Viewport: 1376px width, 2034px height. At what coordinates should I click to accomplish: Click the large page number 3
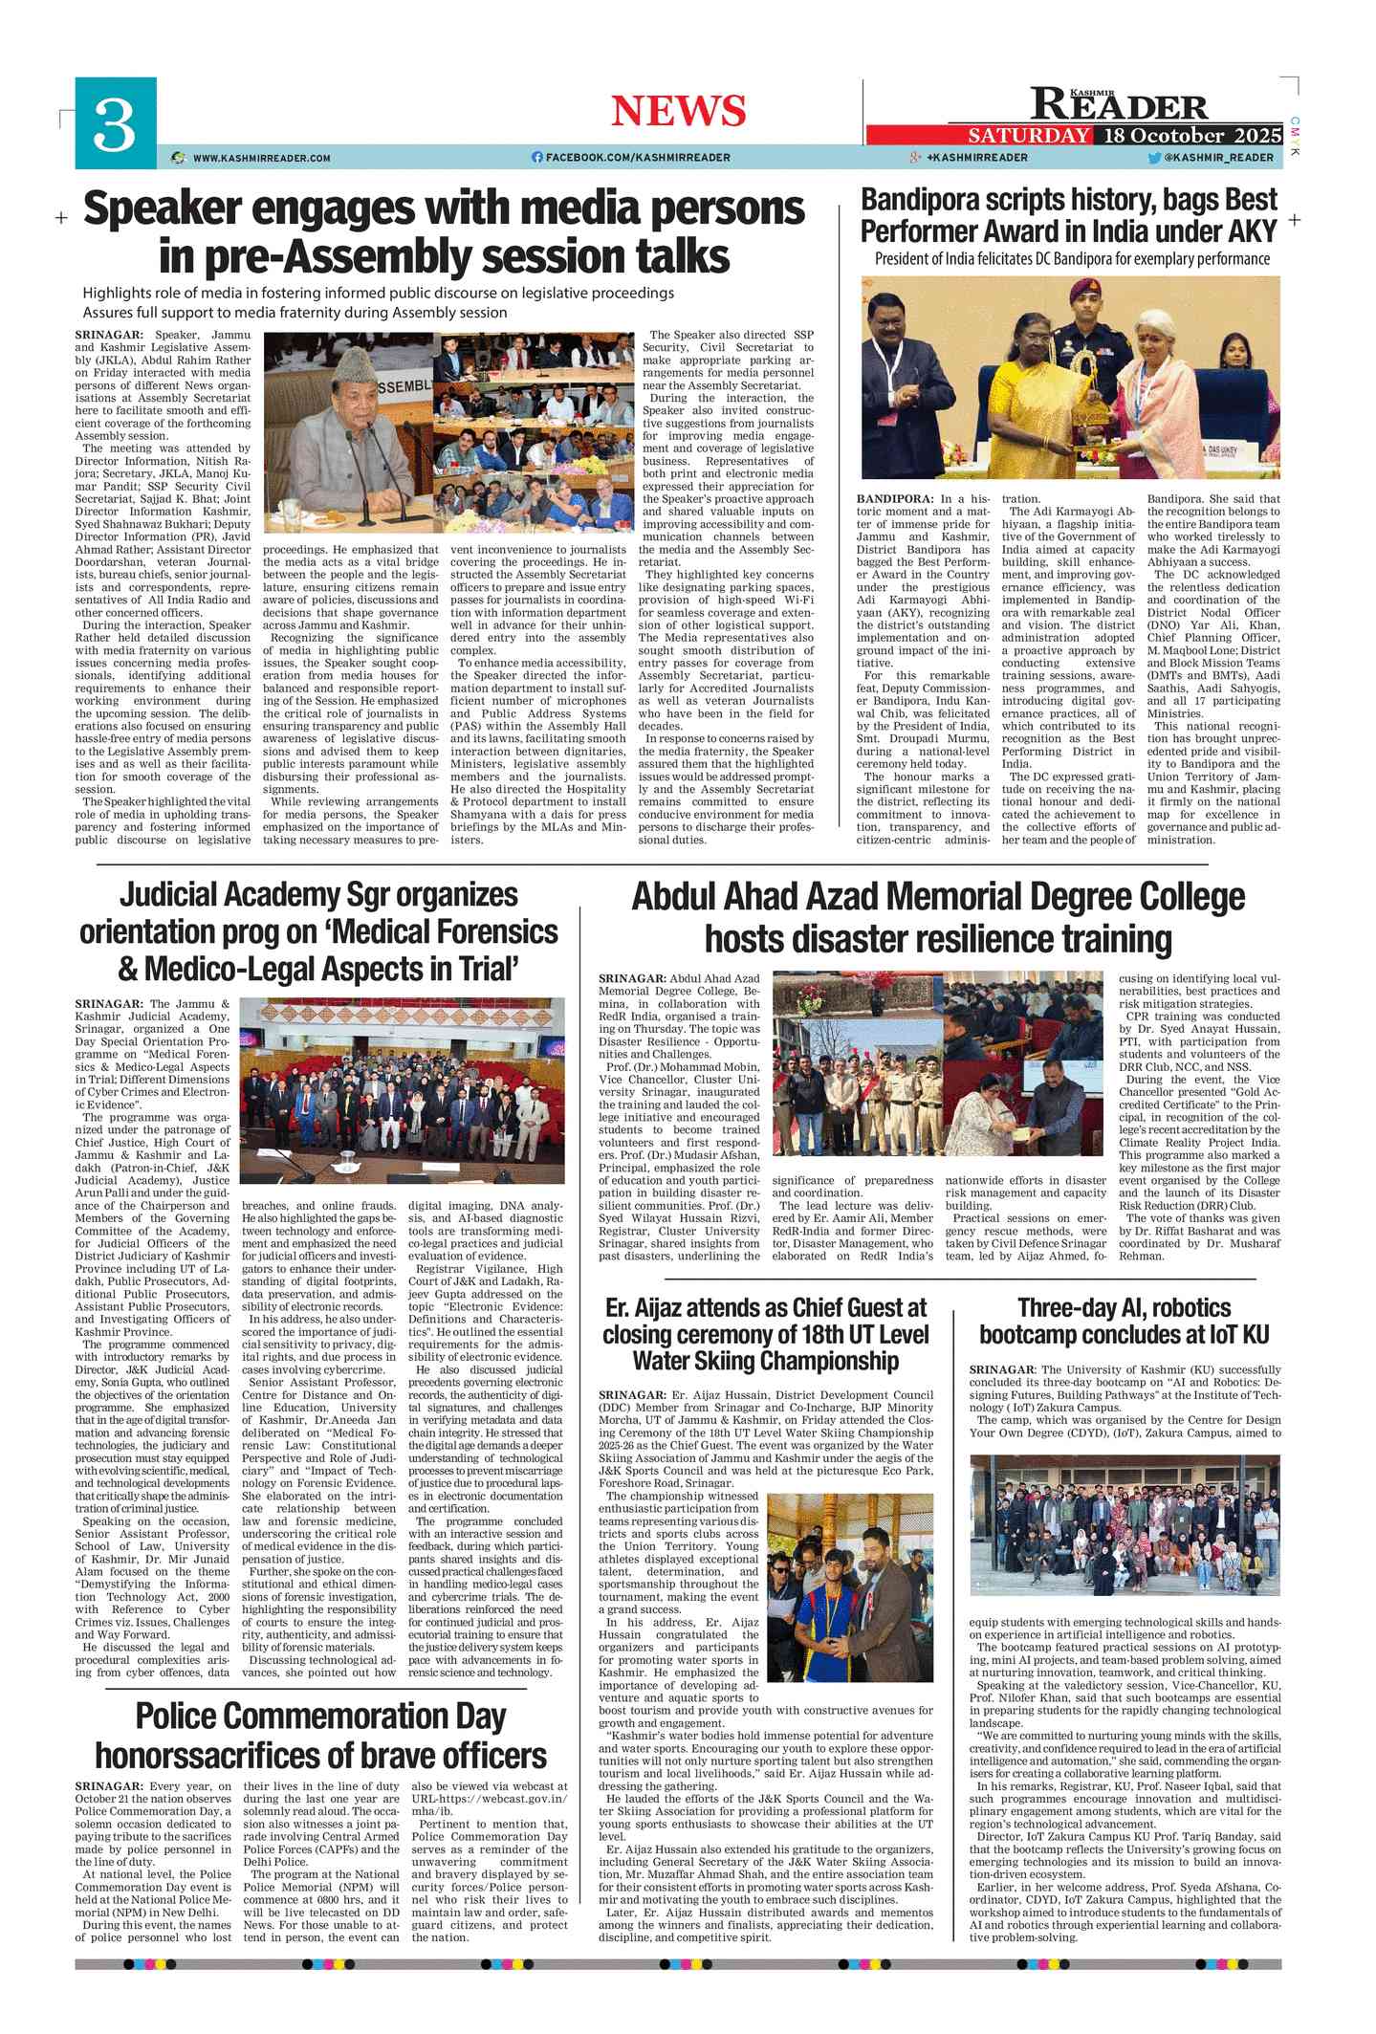click(115, 124)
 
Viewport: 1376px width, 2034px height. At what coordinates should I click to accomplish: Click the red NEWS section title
click(678, 111)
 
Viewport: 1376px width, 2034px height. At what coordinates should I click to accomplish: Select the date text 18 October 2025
click(1191, 135)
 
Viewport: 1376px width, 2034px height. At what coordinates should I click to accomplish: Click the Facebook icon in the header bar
click(536, 157)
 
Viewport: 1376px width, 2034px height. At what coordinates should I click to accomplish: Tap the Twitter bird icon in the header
click(1154, 158)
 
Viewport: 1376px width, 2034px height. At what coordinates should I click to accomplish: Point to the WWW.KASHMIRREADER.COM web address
click(261, 158)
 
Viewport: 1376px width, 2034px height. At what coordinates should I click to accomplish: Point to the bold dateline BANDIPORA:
click(895, 498)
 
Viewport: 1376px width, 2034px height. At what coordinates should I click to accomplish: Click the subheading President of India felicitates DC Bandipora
click(1071, 259)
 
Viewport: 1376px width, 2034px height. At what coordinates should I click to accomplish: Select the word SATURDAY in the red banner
click(1028, 135)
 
